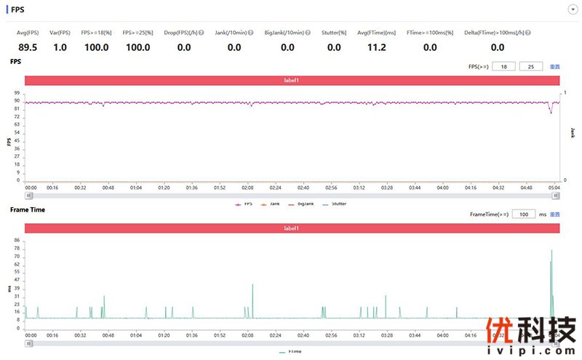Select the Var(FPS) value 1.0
click(60, 47)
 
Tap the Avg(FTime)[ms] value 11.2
click(376, 47)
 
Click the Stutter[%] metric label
click(334, 33)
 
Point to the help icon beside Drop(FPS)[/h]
click(201, 33)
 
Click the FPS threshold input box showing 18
click(503, 66)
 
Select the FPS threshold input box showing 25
click(531, 66)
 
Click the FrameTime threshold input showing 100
click(524, 215)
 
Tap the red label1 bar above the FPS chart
click(292, 80)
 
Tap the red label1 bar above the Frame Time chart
click(292, 228)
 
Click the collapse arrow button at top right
click(572, 9)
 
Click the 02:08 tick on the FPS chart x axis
click(248, 187)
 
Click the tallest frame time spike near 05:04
click(551, 250)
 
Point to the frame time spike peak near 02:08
click(252, 284)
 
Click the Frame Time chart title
click(28, 209)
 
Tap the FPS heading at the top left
click(17, 9)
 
